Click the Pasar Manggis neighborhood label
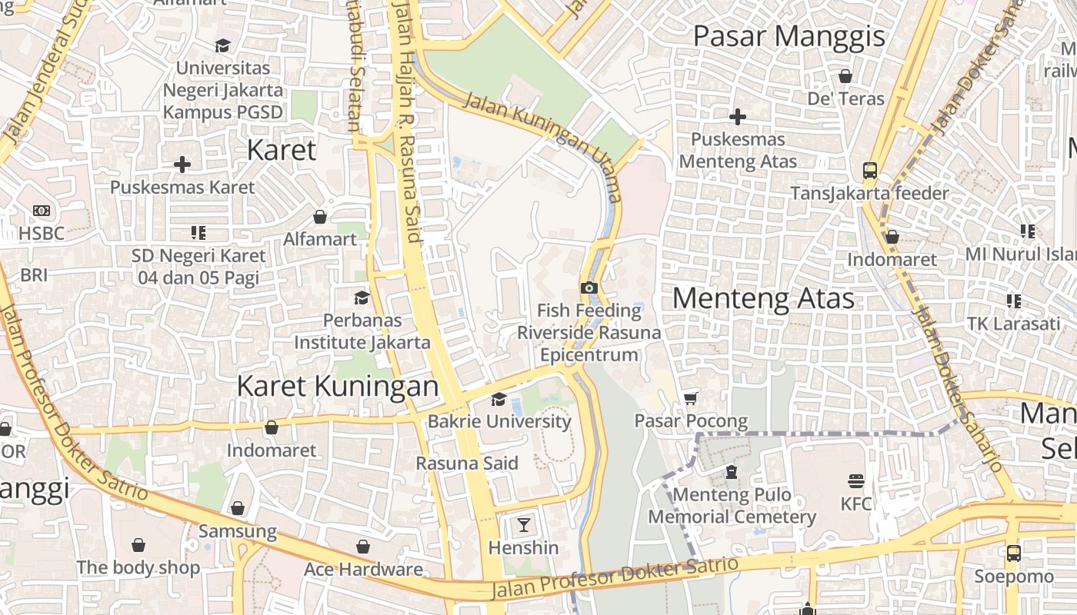point(789,36)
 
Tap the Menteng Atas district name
point(763,298)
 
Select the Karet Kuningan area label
point(337,386)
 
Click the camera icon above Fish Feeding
point(589,288)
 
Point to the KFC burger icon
point(856,481)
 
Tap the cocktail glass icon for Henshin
point(524,525)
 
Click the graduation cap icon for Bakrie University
point(499,398)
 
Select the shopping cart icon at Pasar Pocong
point(691,397)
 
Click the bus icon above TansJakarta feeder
point(870,170)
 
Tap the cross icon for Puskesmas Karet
point(182,165)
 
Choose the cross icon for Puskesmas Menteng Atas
point(738,117)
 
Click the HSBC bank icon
point(42,211)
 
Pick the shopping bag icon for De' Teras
point(845,76)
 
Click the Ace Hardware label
point(363,570)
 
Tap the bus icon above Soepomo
point(1014,553)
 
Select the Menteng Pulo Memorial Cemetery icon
point(732,471)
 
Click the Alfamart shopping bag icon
point(320,217)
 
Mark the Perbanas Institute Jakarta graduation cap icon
point(362,298)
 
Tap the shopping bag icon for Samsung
point(238,508)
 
